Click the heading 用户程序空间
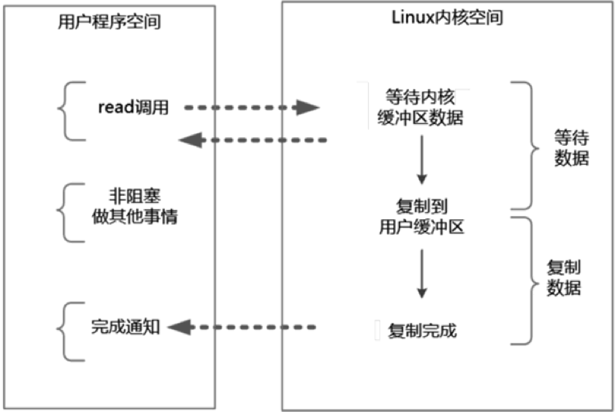coord(109,22)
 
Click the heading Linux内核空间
coord(448,18)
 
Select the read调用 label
coord(133,107)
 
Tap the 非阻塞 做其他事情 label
coord(135,206)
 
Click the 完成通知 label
coord(125,327)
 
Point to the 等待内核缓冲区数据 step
coord(420,107)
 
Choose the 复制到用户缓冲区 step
coord(421,217)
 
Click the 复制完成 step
coord(422,331)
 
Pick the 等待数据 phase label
coord(572,148)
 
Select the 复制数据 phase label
coord(564,277)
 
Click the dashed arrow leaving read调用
coord(252,108)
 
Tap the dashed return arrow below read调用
coord(253,140)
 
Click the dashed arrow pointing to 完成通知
coord(242,327)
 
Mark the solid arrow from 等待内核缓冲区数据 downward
coord(421,160)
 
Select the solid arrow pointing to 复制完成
coord(421,273)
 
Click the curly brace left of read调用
coord(65,111)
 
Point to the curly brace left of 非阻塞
coord(64,213)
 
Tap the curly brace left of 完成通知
coord(64,331)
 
